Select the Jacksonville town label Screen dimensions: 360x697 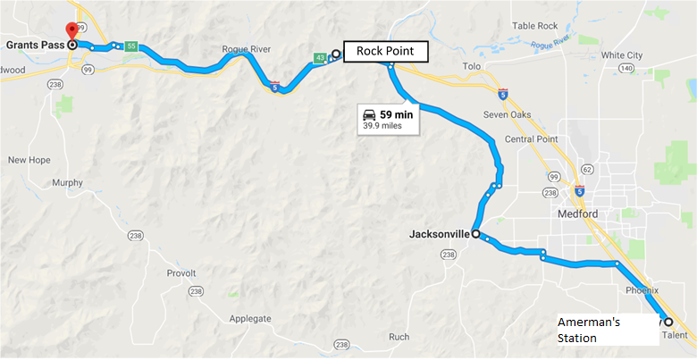click(438, 235)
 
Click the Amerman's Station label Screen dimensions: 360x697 click(589, 330)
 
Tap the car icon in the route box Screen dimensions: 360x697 click(369, 114)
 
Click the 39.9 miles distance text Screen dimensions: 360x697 click(382, 126)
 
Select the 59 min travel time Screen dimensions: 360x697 click(396, 114)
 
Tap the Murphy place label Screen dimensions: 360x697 click(67, 182)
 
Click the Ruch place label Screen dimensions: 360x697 click(399, 337)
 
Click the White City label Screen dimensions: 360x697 click(623, 54)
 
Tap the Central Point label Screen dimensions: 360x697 click(532, 139)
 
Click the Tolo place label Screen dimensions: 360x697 click(472, 67)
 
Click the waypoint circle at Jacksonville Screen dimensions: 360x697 click(475, 234)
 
